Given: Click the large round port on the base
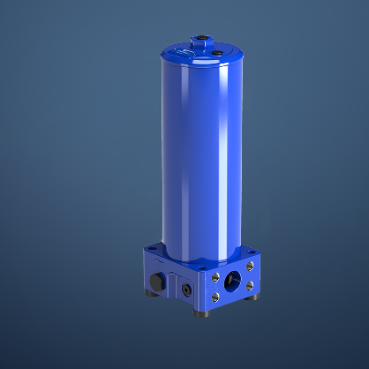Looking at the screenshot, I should (234, 280).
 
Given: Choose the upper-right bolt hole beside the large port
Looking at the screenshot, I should (251, 265).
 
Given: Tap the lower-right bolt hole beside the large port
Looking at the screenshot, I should (252, 286).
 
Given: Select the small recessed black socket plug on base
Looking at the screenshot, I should (186, 289).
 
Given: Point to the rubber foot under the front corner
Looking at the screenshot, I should (202, 310).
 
